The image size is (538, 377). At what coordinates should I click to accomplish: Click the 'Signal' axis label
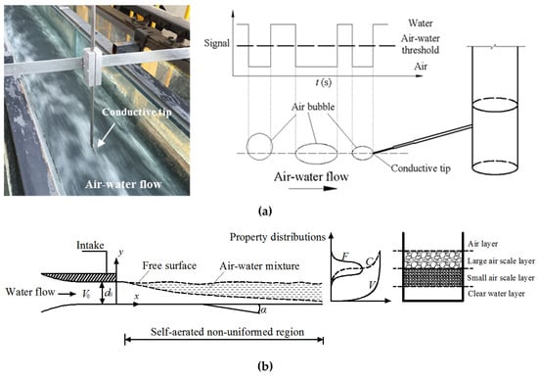point(216,43)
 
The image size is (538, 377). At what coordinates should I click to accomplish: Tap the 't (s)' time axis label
point(323,82)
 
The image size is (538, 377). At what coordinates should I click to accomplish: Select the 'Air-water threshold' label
point(421,44)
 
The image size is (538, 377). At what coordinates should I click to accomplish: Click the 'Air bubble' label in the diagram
point(313,107)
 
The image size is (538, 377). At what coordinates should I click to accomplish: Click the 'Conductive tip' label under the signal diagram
point(421,168)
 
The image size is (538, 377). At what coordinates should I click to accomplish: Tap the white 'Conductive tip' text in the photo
point(137,113)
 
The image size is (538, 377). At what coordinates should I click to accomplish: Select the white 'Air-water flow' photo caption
point(123,184)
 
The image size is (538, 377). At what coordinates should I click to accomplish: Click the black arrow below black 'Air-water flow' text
point(313,188)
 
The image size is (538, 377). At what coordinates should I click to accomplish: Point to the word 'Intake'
point(90,246)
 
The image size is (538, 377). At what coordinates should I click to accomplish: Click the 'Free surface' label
point(169,265)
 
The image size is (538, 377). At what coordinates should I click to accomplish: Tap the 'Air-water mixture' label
point(259,265)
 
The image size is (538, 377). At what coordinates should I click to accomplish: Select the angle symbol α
point(263,310)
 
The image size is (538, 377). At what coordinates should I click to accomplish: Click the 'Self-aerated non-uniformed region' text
point(228,332)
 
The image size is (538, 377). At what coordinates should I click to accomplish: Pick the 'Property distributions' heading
point(278,237)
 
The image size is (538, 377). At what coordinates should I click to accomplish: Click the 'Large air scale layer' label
point(501,260)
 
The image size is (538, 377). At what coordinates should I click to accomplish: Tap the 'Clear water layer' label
point(496,294)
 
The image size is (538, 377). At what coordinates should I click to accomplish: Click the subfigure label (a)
point(264,211)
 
